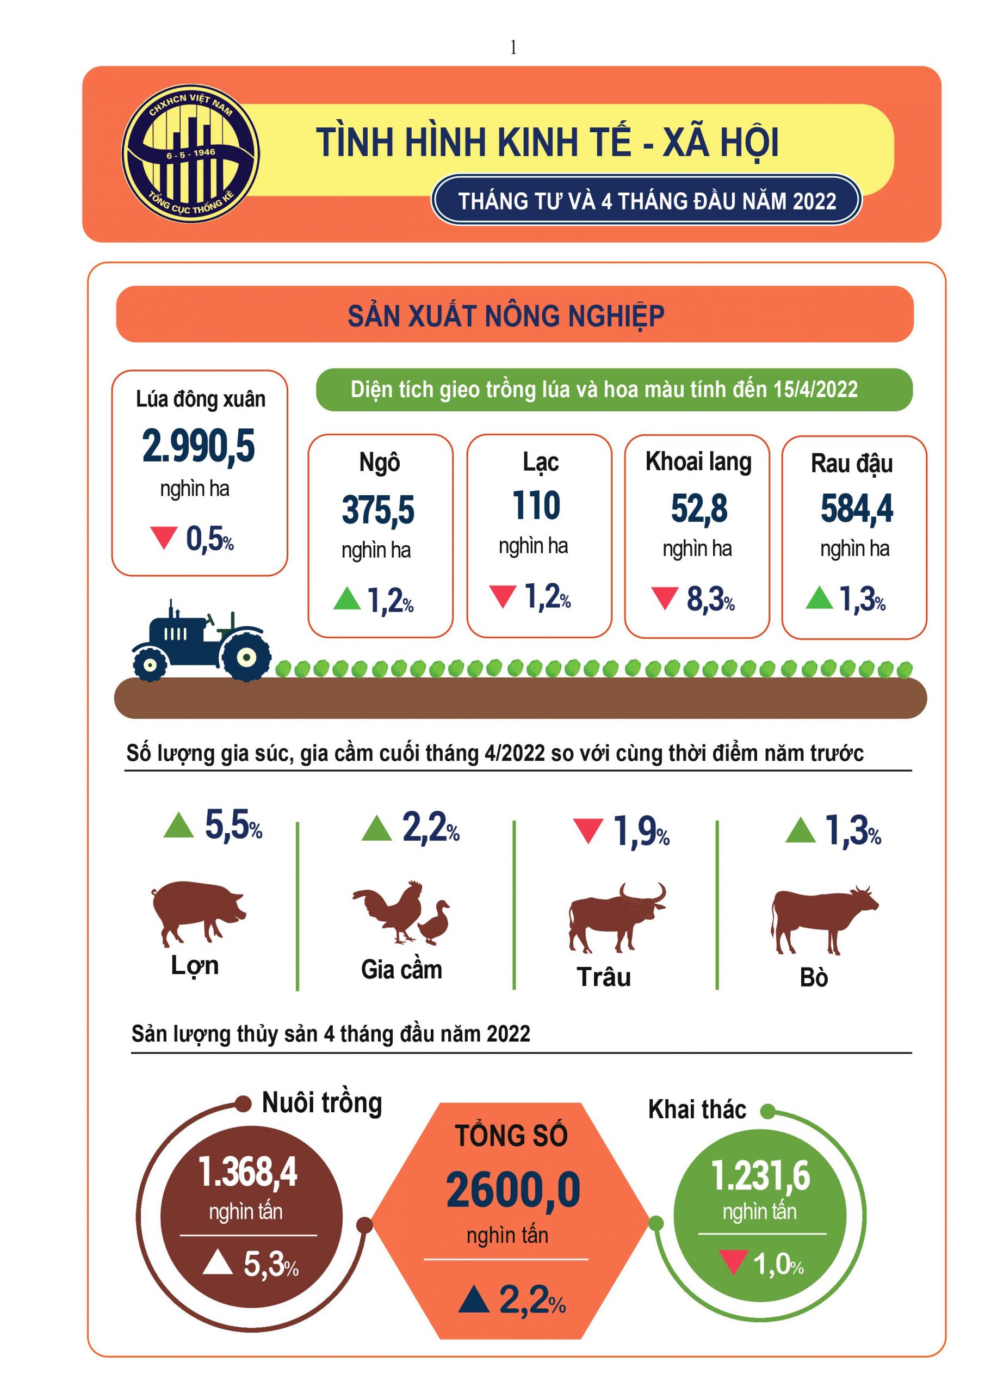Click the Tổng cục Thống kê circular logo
tap(190, 153)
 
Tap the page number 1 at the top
tap(513, 47)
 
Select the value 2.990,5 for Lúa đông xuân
tap(199, 447)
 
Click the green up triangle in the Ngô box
tap(347, 598)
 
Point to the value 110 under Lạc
tap(536, 506)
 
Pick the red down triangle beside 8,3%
tap(664, 597)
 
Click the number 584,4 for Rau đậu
tap(857, 508)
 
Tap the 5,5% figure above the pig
tap(233, 825)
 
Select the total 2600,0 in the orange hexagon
tap(513, 1191)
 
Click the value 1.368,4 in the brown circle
tap(247, 1172)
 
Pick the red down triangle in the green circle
tap(733, 1261)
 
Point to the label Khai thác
tap(697, 1110)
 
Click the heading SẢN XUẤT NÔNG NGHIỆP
tap(506, 316)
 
